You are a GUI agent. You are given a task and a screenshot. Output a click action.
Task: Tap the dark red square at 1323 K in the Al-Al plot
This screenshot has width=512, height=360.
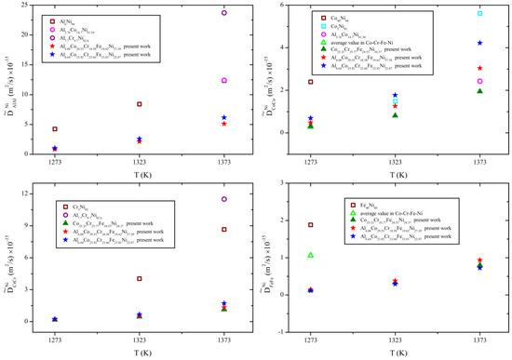(140, 104)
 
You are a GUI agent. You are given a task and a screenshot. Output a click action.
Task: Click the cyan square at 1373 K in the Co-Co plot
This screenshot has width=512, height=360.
(479, 13)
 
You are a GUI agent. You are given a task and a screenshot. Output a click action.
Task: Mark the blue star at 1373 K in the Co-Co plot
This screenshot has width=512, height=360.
(479, 43)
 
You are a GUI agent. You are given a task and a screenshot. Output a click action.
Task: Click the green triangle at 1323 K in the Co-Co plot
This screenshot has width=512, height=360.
(395, 114)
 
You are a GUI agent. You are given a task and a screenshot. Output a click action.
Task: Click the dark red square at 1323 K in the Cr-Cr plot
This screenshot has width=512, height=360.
(140, 278)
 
